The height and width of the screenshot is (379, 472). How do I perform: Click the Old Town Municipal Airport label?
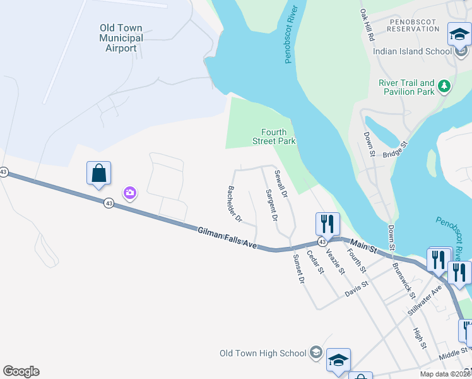tap(121, 39)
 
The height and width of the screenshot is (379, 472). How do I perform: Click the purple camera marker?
tap(130, 193)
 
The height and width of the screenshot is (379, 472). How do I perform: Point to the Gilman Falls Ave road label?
tap(227, 238)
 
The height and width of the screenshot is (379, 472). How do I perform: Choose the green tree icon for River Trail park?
tap(444, 85)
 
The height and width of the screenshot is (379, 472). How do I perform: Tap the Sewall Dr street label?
tap(281, 183)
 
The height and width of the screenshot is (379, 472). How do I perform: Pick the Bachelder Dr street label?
tap(234, 204)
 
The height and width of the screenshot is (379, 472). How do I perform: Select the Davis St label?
tap(357, 290)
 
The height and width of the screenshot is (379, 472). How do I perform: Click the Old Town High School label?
tap(263, 353)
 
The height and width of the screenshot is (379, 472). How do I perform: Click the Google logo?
tap(21, 371)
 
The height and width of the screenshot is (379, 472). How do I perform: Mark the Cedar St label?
tap(315, 262)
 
